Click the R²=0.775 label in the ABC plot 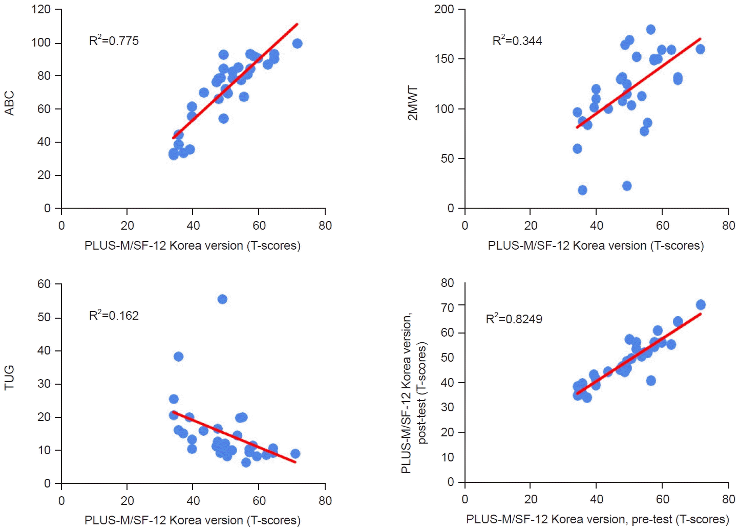pyautogui.click(x=114, y=41)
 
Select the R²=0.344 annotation pyautogui.click(x=517, y=41)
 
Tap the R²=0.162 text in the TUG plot pyautogui.click(x=114, y=316)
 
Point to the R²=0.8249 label pyautogui.click(x=514, y=319)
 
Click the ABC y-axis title pyautogui.click(x=9, y=103)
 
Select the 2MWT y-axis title pyautogui.click(x=413, y=103)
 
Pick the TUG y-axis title pyautogui.click(x=9, y=378)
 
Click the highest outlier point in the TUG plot pyautogui.click(x=222, y=299)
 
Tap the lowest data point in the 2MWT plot pyautogui.click(x=582, y=190)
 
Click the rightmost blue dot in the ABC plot pyautogui.click(x=297, y=43)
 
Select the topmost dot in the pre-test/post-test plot pyautogui.click(x=701, y=305)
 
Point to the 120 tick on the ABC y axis pyautogui.click(x=41, y=9)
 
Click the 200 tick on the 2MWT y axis pyautogui.click(x=444, y=9)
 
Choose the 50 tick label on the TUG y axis pyautogui.click(x=44, y=317)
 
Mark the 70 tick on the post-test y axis pyautogui.click(x=447, y=307)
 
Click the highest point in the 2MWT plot pyautogui.click(x=650, y=30)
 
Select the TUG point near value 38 pyautogui.click(x=178, y=357)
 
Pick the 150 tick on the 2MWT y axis pyautogui.click(x=444, y=59)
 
